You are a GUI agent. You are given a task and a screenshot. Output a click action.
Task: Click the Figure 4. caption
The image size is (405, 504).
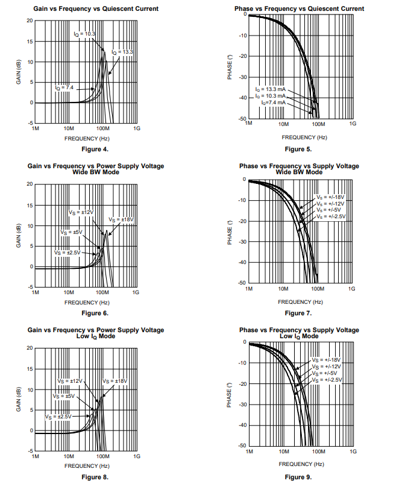(x=95, y=149)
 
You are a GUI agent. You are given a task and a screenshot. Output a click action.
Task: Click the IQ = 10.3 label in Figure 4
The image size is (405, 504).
(x=84, y=34)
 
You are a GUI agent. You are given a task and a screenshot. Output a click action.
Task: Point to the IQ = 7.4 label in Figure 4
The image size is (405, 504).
(x=64, y=88)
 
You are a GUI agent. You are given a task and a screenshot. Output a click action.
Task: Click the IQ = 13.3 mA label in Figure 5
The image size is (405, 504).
(x=270, y=89)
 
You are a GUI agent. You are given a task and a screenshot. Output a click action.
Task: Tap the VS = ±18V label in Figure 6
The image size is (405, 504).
(x=121, y=219)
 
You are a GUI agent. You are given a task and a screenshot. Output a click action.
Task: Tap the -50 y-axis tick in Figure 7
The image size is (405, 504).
(x=242, y=283)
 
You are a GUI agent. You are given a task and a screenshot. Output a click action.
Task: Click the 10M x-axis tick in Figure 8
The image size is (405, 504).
(x=68, y=457)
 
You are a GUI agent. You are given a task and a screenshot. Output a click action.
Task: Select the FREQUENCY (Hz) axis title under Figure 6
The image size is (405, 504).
(x=87, y=302)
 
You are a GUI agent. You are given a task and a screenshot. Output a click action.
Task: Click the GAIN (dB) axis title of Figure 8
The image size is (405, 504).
(x=19, y=400)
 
